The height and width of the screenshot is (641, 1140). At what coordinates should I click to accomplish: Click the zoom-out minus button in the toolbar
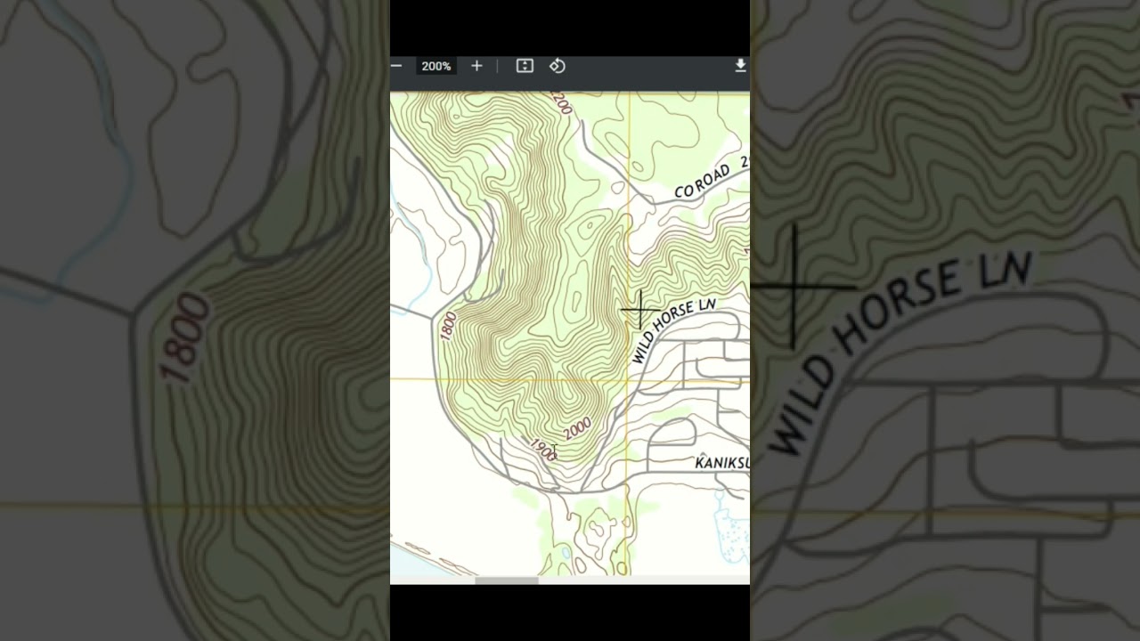click(x=396, y=66)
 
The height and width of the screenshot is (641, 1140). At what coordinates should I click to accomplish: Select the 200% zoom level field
click(x=436, y=66)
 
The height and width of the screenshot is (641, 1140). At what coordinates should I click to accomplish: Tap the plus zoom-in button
click(x=476, y=66)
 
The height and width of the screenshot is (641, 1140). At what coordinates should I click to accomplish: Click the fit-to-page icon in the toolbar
click(x=525, y=66)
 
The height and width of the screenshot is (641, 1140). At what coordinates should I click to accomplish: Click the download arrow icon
click(x=740, y=66)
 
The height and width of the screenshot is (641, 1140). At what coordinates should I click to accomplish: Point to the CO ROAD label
click(x=702, y=182)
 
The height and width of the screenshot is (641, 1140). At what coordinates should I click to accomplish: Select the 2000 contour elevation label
click(x=577, y=428)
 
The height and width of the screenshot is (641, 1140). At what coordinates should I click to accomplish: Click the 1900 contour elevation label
click(x=542, y=450)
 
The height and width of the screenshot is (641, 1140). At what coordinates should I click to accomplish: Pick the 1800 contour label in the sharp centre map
click(x=448, y=326)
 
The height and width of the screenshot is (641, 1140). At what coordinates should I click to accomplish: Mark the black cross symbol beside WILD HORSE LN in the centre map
click(x=639, y=310)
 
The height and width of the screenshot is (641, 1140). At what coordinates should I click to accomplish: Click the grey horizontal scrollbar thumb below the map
click(x=507, y=580)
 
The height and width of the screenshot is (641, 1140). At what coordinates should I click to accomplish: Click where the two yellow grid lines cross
click(x=629, y=379)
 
